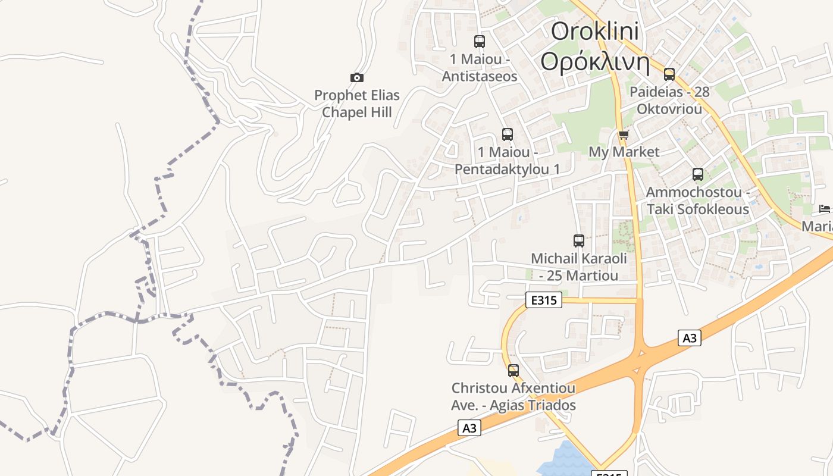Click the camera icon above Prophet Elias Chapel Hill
click(x=357, y=77)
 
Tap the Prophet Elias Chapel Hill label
click(x=357, y=104)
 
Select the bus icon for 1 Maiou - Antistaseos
click(x=480, y=42)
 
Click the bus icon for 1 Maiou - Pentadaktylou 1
click(x=508, y=134)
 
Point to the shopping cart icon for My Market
click(x=624, y=135)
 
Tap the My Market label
click(x=624, y=152)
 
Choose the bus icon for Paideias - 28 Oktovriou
click(x=669, y=74)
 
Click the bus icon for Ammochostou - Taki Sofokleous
click(x=698, y=174)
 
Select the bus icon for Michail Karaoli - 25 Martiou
click(x=579, y=241)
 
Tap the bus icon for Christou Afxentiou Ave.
click(x=513, y=371)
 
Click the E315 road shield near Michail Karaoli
click(x=544, y=300)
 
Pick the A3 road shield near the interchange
click(x=689, y=338)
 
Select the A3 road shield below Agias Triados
click(x=469, y=428)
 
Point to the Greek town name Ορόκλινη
click(x=595, y=61)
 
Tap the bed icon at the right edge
click(x=825, y=208)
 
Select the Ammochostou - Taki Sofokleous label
click(x=698, y=201)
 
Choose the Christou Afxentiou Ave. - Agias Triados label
click(x=513, y=397)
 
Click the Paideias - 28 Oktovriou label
click(x=669, y=101)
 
